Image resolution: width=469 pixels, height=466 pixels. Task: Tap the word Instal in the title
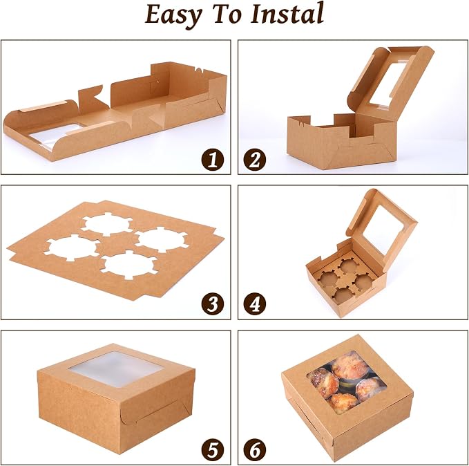(287, 13)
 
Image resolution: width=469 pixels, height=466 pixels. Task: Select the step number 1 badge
(213, 160)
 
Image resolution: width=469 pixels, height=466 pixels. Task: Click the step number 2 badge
(255, 160)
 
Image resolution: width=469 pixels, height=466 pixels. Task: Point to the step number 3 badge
(213, 304)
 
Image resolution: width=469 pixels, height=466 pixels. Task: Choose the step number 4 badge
(255, 304)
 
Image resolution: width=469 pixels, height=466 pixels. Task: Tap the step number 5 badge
(213, 449)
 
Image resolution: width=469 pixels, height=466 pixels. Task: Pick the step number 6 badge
(255, 449)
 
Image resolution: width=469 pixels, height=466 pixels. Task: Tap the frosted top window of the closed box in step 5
(117, 369)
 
